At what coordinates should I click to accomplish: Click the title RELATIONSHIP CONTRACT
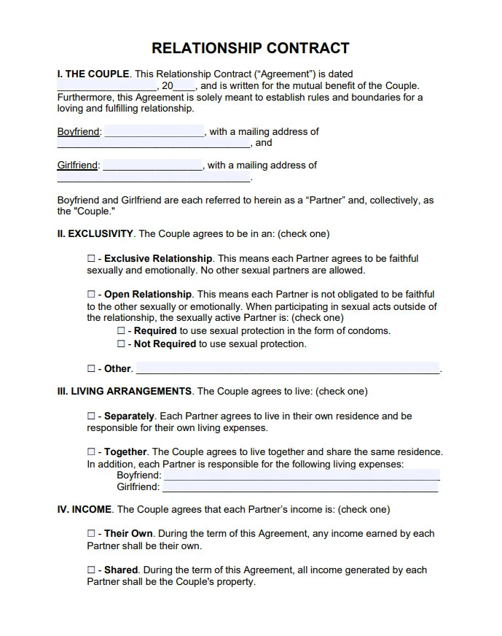point(250,49)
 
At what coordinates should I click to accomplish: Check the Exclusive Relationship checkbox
point(91,259)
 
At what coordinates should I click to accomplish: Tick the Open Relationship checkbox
point(91,295)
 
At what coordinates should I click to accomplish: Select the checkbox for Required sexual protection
point(121,331)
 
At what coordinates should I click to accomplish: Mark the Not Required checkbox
point(121,344)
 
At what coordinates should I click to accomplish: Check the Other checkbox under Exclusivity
point(91,369)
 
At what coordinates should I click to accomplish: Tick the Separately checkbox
point(91,416)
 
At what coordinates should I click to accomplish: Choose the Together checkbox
point(91,452)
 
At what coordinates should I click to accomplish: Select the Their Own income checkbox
point(91,534)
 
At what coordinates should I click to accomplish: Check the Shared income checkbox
point(91,570)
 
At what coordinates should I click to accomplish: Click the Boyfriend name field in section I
point(154,132)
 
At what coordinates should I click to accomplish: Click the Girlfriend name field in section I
point(152,166)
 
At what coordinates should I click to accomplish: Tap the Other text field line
point(288,368)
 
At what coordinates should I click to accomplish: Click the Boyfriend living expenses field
point(302,475)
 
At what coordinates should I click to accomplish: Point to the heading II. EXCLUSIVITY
point(95,234)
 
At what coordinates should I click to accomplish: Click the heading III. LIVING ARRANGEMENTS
point(125,392)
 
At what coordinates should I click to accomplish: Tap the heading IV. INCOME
point(85,510)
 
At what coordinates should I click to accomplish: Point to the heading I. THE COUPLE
point(93,74)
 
